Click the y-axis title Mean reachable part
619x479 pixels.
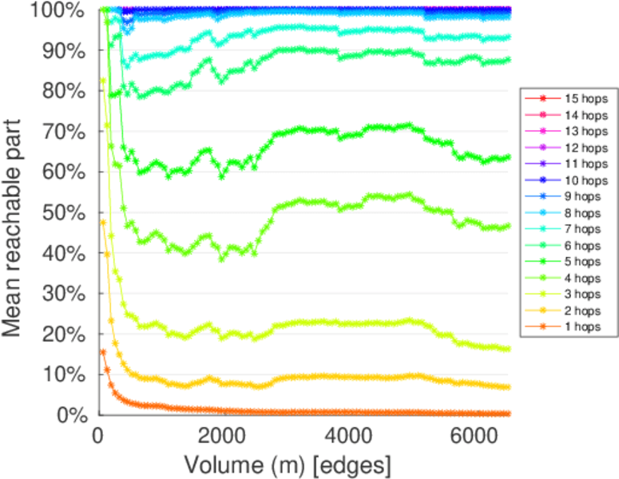[18, 212]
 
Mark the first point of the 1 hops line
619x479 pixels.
[102, 351]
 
